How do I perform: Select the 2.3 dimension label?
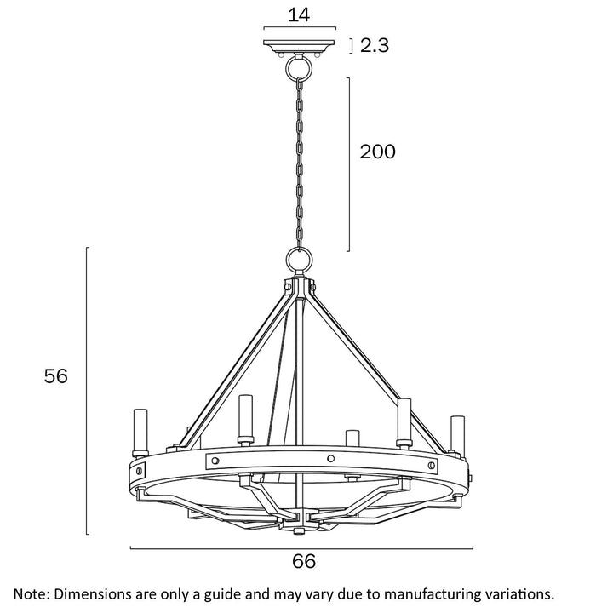coord(375,47)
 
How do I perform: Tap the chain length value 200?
coord(377,152)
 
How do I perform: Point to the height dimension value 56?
coord(56,376)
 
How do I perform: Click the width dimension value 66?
coord(304,562)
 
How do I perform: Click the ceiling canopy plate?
coord(298,45)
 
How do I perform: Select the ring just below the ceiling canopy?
coord(299,66)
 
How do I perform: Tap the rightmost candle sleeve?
coord(457,433)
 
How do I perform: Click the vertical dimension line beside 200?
coord(349,164)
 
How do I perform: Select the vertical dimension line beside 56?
coord(88,391)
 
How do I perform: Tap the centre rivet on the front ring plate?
coord(330,460)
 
